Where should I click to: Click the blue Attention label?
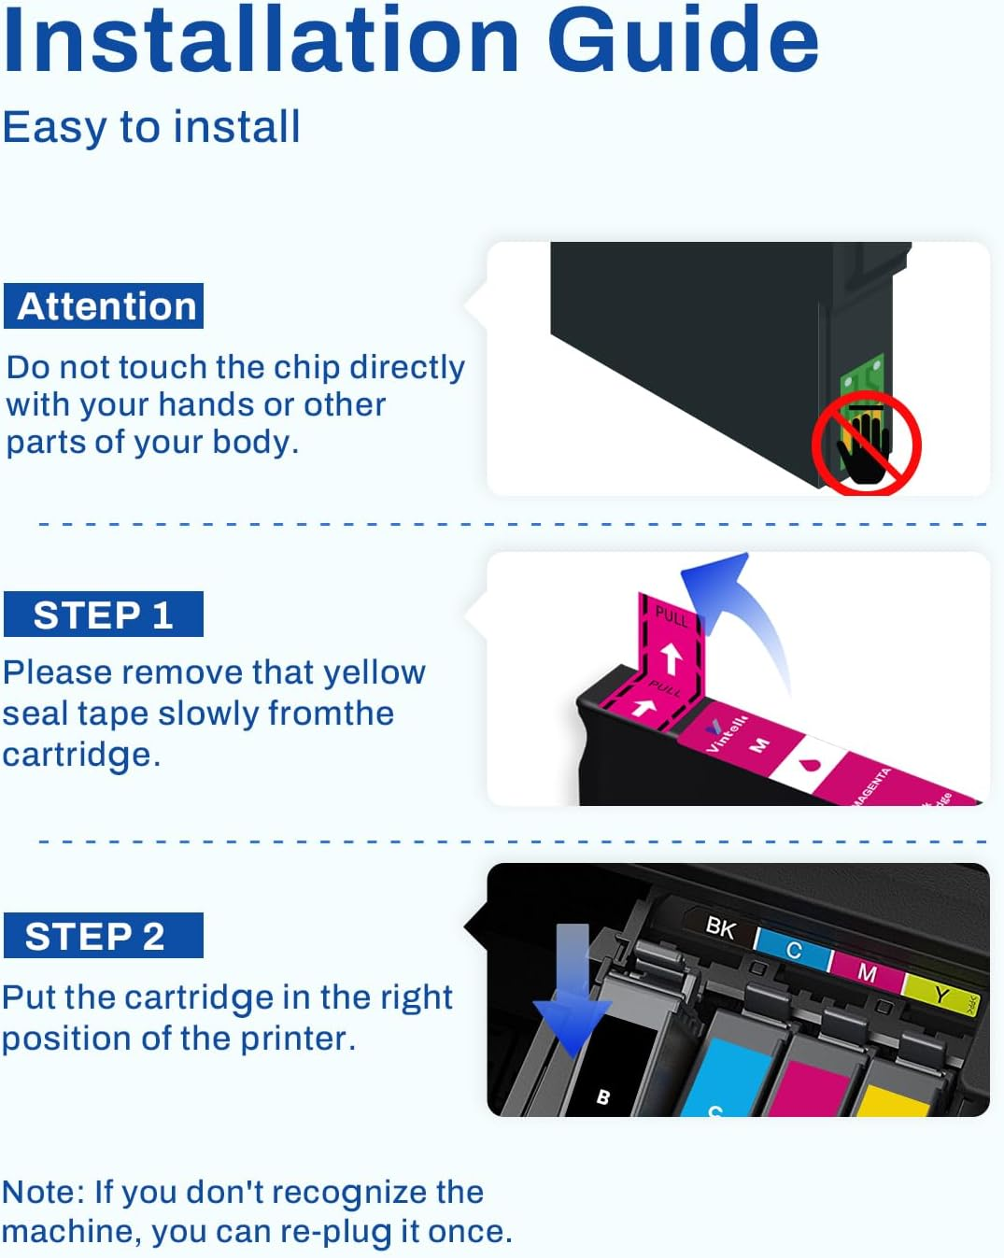(x=104, y=306)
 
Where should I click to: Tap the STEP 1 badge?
(x=103, y=615)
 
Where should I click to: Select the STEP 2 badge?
(x=103, y=936)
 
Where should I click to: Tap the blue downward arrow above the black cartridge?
(x=572, y=990)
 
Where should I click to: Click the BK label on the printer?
(x=720, y=927)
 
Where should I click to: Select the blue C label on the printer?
(x=793, y=950)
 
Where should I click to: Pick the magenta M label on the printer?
(x=867, y=972)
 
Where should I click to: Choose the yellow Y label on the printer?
(x=940, y=995)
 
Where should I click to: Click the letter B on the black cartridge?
(x=603, y=1096)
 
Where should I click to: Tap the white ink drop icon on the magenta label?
(x=809, y=765)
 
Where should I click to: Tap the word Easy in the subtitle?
(x=54, y=127)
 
